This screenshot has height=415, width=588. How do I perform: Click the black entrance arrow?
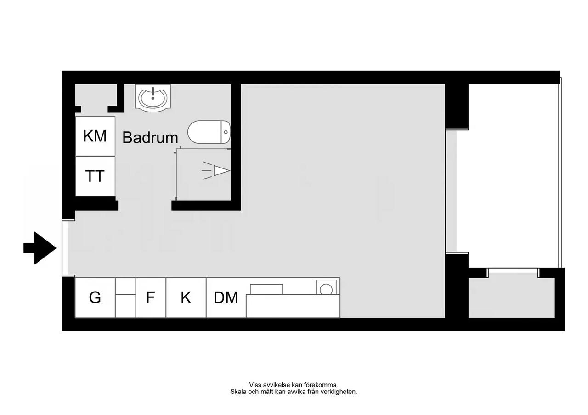(40, 248)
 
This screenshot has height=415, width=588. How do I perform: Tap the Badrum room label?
(150, 137)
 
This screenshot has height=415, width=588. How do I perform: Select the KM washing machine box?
(95, 136)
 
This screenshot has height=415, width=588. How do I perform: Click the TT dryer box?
(95, 176)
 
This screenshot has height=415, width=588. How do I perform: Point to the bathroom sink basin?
(153, 98)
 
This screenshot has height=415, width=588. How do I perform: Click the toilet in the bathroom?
(209, 132)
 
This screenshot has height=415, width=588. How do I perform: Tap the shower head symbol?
(216, 171)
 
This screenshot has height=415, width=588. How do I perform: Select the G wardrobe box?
(95, 297)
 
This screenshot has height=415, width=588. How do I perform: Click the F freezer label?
(150, 297)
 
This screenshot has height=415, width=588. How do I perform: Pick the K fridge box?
(186, 297)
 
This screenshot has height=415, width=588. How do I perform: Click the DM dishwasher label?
(226, 297)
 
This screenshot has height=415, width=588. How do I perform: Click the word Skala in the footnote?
(237, 392)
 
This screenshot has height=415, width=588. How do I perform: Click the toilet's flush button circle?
(226, 132)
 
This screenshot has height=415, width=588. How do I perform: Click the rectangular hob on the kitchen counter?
(266, 289)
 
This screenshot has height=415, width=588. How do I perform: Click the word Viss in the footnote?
(255, 385)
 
